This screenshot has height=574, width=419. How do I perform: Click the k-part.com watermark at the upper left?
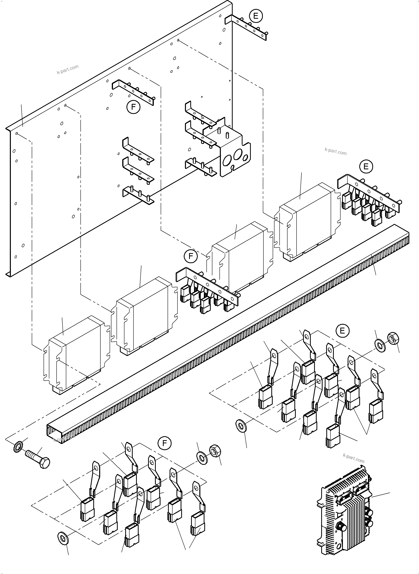click(x=67, y=69)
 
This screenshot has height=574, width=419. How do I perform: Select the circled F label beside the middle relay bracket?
click(x=190, y=256)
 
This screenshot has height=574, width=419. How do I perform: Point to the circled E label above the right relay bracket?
click(x=366, y=166)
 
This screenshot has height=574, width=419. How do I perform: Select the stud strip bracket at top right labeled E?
click(x=246, y=27)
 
